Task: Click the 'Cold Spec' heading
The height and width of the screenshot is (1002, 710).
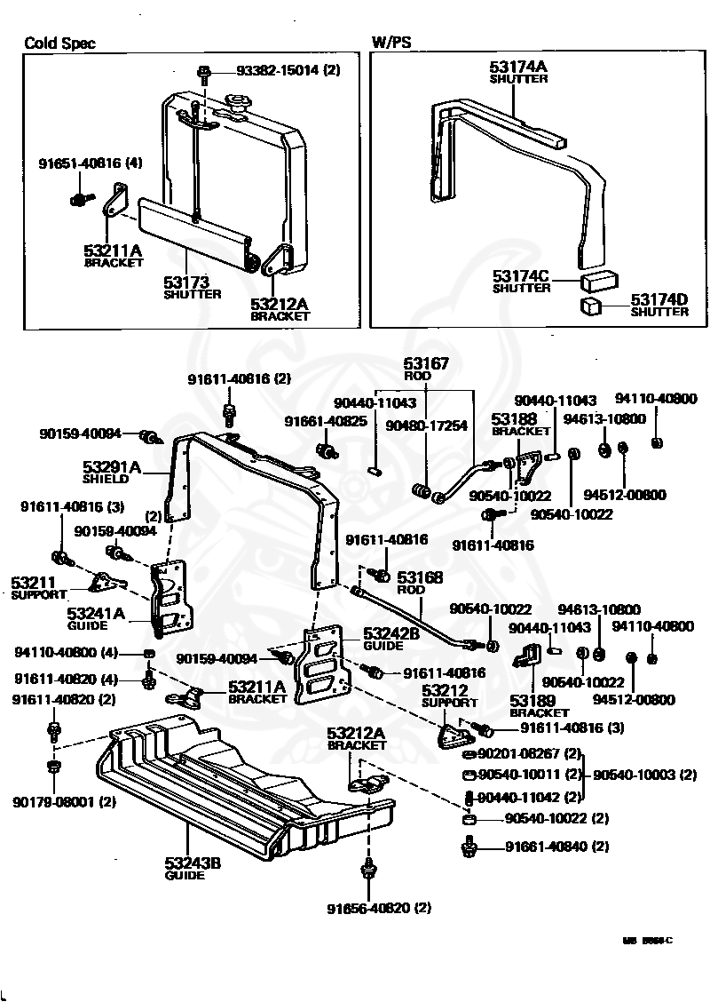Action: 59,43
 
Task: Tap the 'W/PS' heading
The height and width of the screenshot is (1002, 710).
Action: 390,43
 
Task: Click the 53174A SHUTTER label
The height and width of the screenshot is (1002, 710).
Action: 518,72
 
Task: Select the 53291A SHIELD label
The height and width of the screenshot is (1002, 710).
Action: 112,472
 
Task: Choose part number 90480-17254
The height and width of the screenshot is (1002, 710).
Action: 426,426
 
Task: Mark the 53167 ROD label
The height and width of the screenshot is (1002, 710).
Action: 427,369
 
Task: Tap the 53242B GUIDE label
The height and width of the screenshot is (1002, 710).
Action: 390,639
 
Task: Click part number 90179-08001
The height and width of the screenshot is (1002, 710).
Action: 64,802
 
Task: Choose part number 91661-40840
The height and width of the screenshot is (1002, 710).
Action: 557,847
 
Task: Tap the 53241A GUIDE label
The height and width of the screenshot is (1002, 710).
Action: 97,618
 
